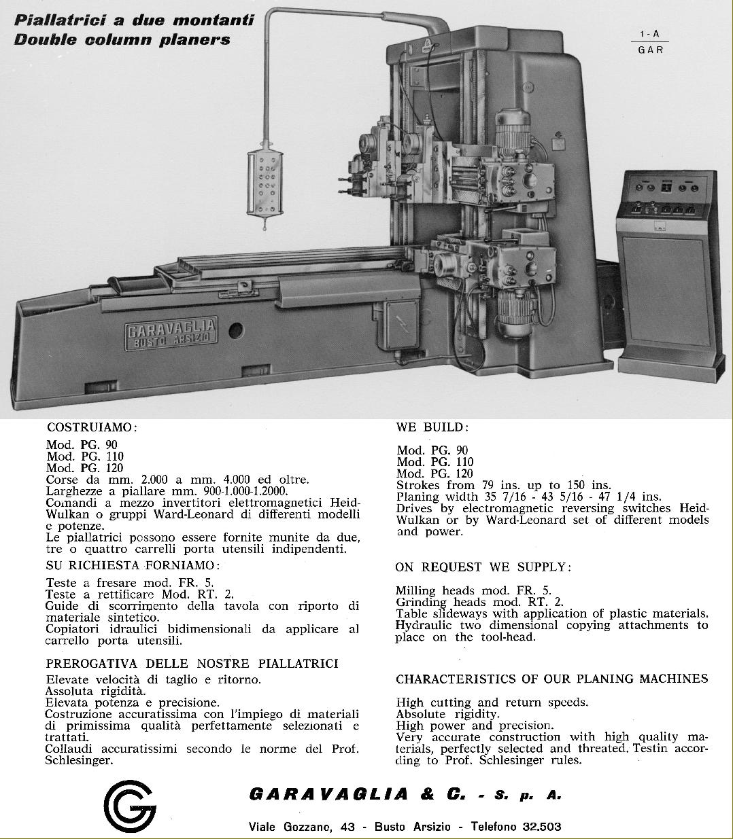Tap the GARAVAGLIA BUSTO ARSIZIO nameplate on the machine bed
pos(171,336)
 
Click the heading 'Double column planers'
pos(122,39)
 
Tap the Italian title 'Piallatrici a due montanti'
pos(134,20)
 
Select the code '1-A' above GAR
pos(649,34)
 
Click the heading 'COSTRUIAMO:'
pos(92,427)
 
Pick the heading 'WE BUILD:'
pos(432,427)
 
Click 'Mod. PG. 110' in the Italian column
pos(85,457)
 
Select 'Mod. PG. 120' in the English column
pos(435,474)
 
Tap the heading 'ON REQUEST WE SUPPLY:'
pos(483,567)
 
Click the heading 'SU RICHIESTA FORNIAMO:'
pos(133,565)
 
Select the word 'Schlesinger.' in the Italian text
pos(79,760)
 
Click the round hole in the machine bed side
pos(235,331)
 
